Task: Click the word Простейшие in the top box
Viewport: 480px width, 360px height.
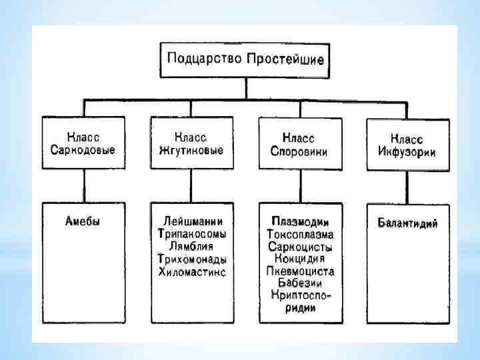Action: pos(285,59)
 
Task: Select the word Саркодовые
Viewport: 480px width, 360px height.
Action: pos(83,150)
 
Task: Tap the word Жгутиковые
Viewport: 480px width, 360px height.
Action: pos(191,150)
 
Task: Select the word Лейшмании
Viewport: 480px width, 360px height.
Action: pos(192,222)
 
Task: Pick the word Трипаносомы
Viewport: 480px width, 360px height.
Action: pos(192,234)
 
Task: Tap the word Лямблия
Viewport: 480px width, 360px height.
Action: pos(192,247)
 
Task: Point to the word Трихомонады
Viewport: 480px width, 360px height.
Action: pos(192,259)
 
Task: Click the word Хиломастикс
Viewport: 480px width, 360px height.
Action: pos(192,272)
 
